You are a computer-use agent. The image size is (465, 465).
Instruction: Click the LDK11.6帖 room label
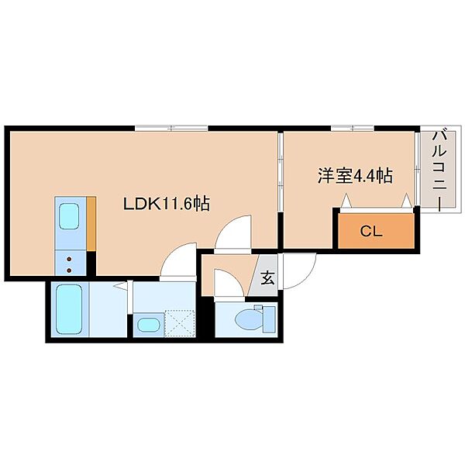[x=167, y=204]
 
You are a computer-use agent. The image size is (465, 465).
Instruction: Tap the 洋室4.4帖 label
[x=355, y=176]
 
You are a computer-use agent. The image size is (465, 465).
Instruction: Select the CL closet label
[x=371, y=231]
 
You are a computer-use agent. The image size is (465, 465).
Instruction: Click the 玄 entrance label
[x=267, y=278]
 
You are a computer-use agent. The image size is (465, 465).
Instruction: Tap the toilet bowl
[x=249, y=319]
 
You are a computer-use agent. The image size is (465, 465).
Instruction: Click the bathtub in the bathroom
[x=69, y=309]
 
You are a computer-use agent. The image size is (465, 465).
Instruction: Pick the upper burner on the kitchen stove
[x=70, y=260]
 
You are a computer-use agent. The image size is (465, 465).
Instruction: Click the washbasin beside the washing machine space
[x=149, y=325]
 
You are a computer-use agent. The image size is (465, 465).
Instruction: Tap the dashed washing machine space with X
[x=180, y=323]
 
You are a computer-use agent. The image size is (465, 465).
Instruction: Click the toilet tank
[x=269, y=319]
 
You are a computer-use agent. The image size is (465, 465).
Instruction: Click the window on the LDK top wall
[x=171, y=129]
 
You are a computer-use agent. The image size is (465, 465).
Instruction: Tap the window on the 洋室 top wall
[x=353, y=129]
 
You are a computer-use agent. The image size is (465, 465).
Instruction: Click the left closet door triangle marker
[x=346, y=200]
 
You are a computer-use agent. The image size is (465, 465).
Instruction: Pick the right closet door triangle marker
[x=407, y=200]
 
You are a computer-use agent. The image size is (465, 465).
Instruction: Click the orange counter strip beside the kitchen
[x=91, y=224]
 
